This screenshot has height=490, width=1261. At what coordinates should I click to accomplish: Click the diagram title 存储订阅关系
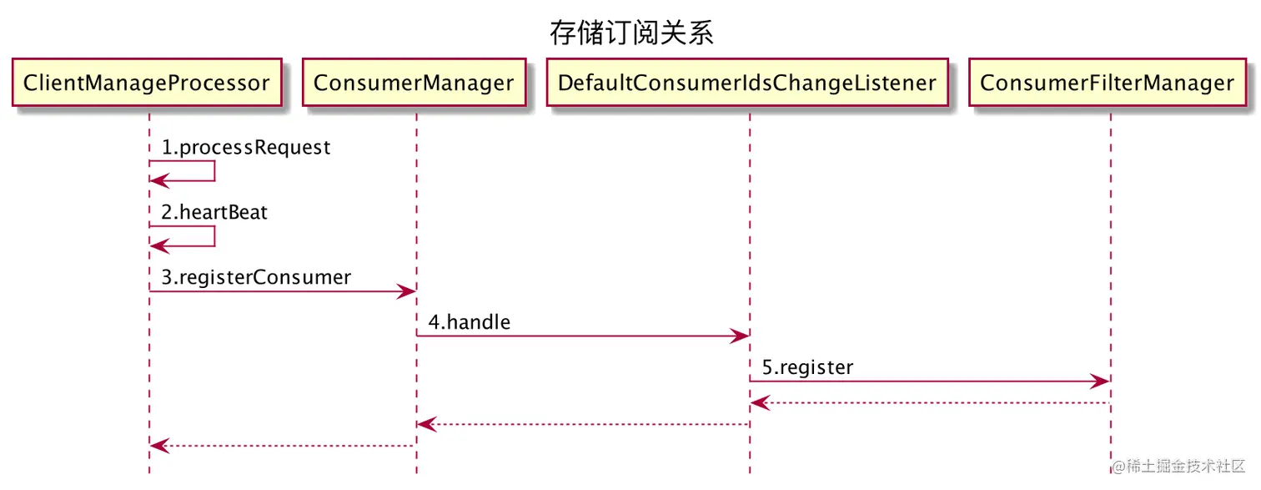coord(631,34)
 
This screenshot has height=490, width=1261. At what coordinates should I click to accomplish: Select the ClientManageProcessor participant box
coord(147,83)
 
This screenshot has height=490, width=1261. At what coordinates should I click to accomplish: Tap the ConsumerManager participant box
coord(414,83)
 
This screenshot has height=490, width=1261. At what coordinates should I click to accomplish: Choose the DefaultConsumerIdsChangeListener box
coord(747,83)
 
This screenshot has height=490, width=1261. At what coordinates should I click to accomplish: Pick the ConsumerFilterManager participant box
coord(1107,83)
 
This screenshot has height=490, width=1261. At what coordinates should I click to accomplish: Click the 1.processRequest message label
coord(246,148)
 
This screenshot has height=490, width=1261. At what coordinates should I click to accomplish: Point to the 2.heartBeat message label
coord(214,212)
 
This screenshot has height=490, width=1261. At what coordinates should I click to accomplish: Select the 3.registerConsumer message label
coord(256,277)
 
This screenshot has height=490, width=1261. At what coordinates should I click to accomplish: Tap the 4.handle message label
coord(470,321)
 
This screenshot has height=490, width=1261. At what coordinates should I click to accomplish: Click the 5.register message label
coord(806,367)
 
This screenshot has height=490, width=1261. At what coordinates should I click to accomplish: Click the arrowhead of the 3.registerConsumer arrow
coord(408,291)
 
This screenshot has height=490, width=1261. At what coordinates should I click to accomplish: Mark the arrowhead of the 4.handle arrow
coord(741,336)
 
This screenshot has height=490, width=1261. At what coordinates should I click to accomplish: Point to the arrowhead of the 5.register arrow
coord(1101,381)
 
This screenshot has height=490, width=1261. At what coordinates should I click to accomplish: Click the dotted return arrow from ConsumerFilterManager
coord(930,403)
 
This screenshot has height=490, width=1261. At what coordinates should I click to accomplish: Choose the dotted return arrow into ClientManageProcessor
coord(284,446)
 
